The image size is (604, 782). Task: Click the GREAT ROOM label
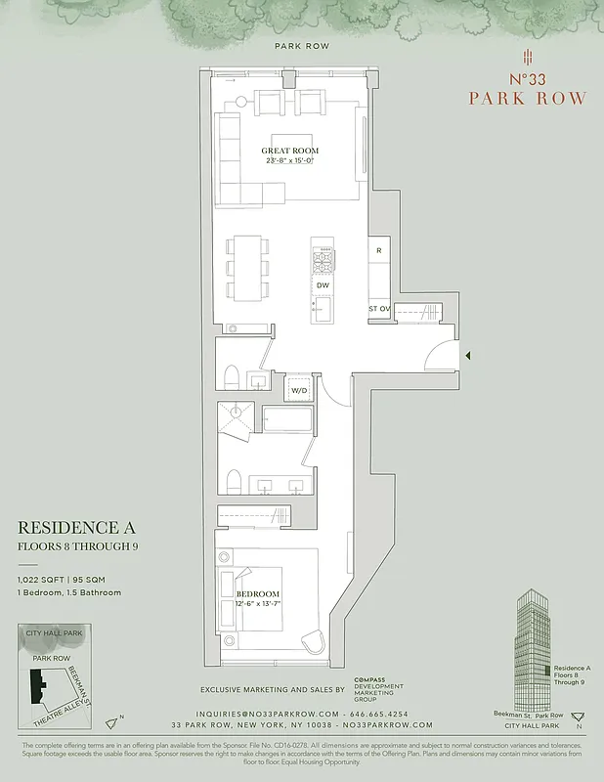pyautogui.click(x=289, y=152)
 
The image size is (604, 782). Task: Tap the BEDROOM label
pyautogui.click(x=258, y=593)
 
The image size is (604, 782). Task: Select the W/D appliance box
pyautogui.click(x=298, y=391)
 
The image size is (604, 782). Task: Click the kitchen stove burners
pyautogui.click(x=323, y=260)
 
